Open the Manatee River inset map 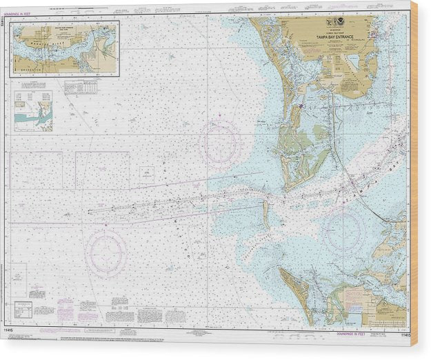click(x=66, y=47)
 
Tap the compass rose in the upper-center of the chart click(x=220, y=143)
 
